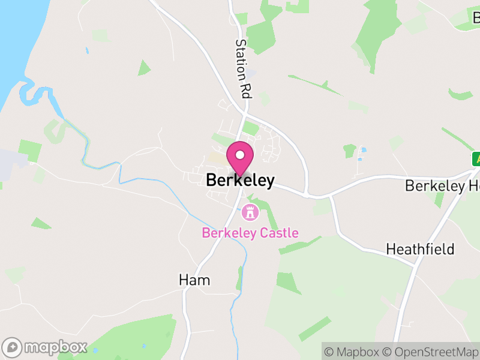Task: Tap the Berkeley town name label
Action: (240, 180)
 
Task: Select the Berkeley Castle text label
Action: (250, 233)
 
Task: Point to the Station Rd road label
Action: (242, 68)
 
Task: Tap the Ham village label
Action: (194, 280)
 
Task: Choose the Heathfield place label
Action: (420, 248)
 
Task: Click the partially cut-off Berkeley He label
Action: (443, 186)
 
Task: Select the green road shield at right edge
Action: (476, 159)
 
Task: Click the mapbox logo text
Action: (55, 347)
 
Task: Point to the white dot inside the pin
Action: (240, 155)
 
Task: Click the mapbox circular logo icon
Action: (13, 347)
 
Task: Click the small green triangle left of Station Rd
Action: (143, 67)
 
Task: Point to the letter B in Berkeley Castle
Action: (206, 233)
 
